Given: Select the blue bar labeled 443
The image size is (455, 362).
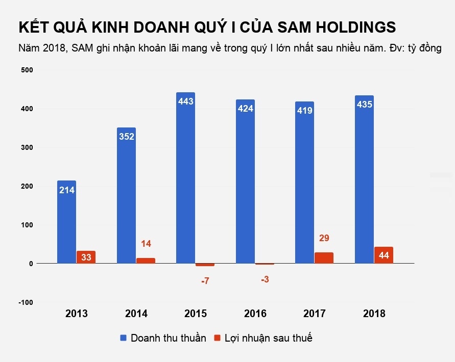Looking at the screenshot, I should click(x=185, y=178).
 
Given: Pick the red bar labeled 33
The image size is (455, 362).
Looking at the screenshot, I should click(x=86, y=257).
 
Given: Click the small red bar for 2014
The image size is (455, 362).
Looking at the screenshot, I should click(x=146, y=261).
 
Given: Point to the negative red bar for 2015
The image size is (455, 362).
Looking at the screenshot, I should click(x=205, y=265).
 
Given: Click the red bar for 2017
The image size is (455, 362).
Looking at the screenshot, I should click(x=324, y=257).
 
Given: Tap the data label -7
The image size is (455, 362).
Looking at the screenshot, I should click(x=205, y=281).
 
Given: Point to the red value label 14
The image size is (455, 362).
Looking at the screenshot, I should click(x=146, y=244).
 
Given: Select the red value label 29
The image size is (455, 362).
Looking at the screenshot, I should click(x=324, y=237).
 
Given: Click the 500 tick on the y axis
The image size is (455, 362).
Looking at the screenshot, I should click(x=27, y=70).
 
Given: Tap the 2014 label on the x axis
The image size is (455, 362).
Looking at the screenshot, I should click(x=136, y=314).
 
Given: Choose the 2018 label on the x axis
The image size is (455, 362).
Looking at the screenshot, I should click(x=374, y=314).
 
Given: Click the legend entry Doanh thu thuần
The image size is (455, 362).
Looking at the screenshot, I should click(x=163, y=338).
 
